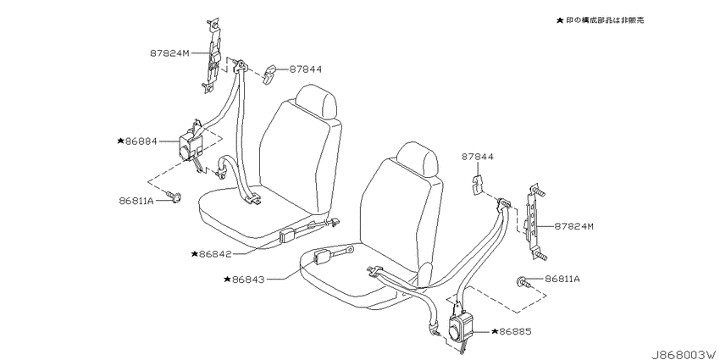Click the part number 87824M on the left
click(x=169, y=53)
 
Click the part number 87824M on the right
click(x=573, y=226)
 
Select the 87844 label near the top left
click(x=305, y=69)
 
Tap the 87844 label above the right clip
click(x=478, y=157)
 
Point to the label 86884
click(x=141, y=141)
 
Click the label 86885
click(x=515, y=331)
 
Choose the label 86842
click(x=215, y=253)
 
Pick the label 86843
click(x=248, y=280)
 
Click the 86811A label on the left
click(x=136, y=200)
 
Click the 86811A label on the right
click(x=562, y=279)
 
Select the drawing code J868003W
click(x=685, y=354)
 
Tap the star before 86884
click(x=121, y=141)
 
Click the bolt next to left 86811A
click(x=174, y=197)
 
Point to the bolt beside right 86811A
click(x=524, y=281)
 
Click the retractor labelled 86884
click(x=192, y=145)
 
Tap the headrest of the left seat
click(x=316, y=102)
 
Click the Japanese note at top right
click(x=601, y=20)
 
